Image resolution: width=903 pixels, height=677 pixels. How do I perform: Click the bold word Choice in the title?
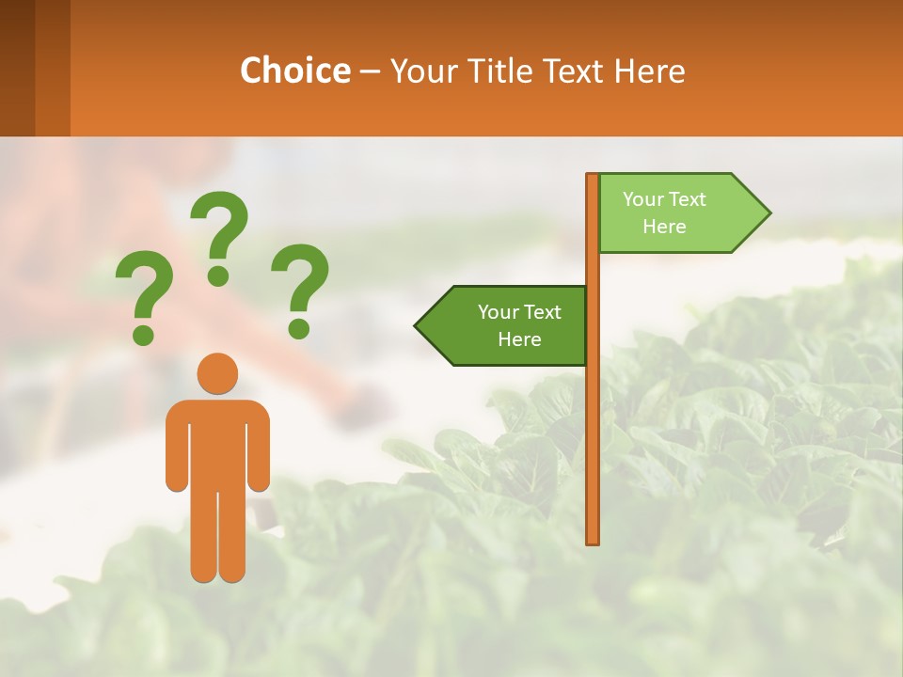pos(294,71)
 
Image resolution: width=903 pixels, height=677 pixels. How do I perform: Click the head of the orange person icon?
pos(217,373)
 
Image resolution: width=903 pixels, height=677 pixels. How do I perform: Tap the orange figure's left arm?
pos(176,451)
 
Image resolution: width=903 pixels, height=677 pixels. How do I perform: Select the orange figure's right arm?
pos(259,451)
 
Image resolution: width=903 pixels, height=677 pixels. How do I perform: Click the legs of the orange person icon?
pos(217,536)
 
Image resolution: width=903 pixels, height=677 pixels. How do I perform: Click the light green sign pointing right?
pos(673,213)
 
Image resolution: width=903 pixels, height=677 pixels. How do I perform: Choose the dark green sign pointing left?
pos(508,325)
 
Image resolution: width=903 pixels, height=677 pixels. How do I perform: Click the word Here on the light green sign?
pos(664,227)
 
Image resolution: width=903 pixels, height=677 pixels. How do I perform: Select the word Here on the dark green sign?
pos(519,339)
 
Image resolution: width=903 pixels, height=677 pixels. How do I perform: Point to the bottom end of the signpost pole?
pos(593,540)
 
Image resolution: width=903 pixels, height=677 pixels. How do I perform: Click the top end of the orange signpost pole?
pos(593,178)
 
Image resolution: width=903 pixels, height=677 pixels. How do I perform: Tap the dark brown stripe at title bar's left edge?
pos(17,68)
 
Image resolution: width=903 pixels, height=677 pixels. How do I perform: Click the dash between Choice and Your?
pos(370,71)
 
